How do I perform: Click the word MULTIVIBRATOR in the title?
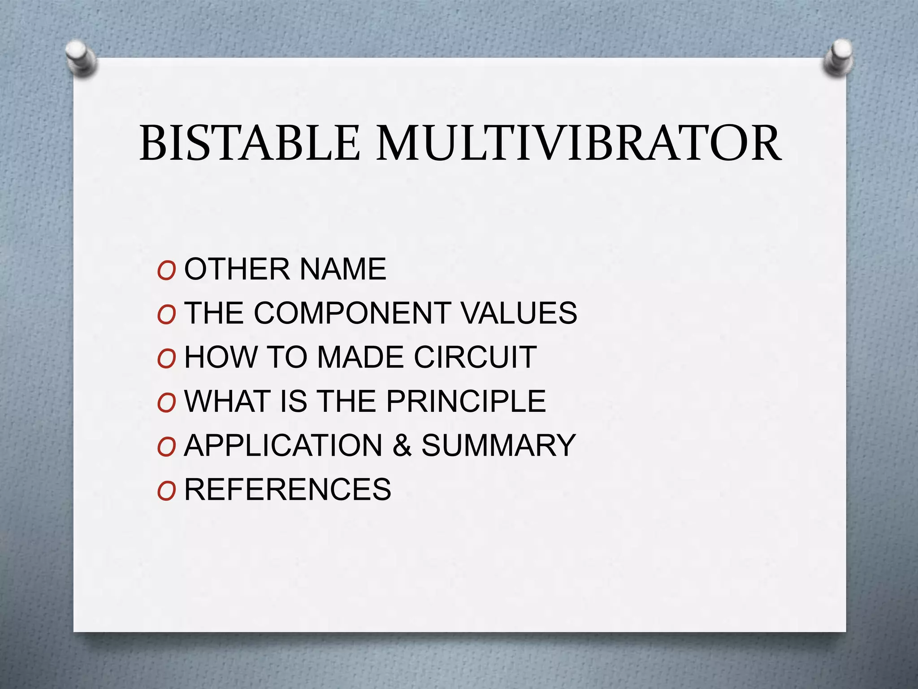coord(579,143)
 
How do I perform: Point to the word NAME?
coord(342,269)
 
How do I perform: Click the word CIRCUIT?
coord(475,357)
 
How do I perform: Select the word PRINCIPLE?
coord(466,401)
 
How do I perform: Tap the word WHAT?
coord(227,401)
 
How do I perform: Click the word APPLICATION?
coord(283,445)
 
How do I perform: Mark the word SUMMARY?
coord(498,445)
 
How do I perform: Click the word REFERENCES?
coord(288,489)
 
